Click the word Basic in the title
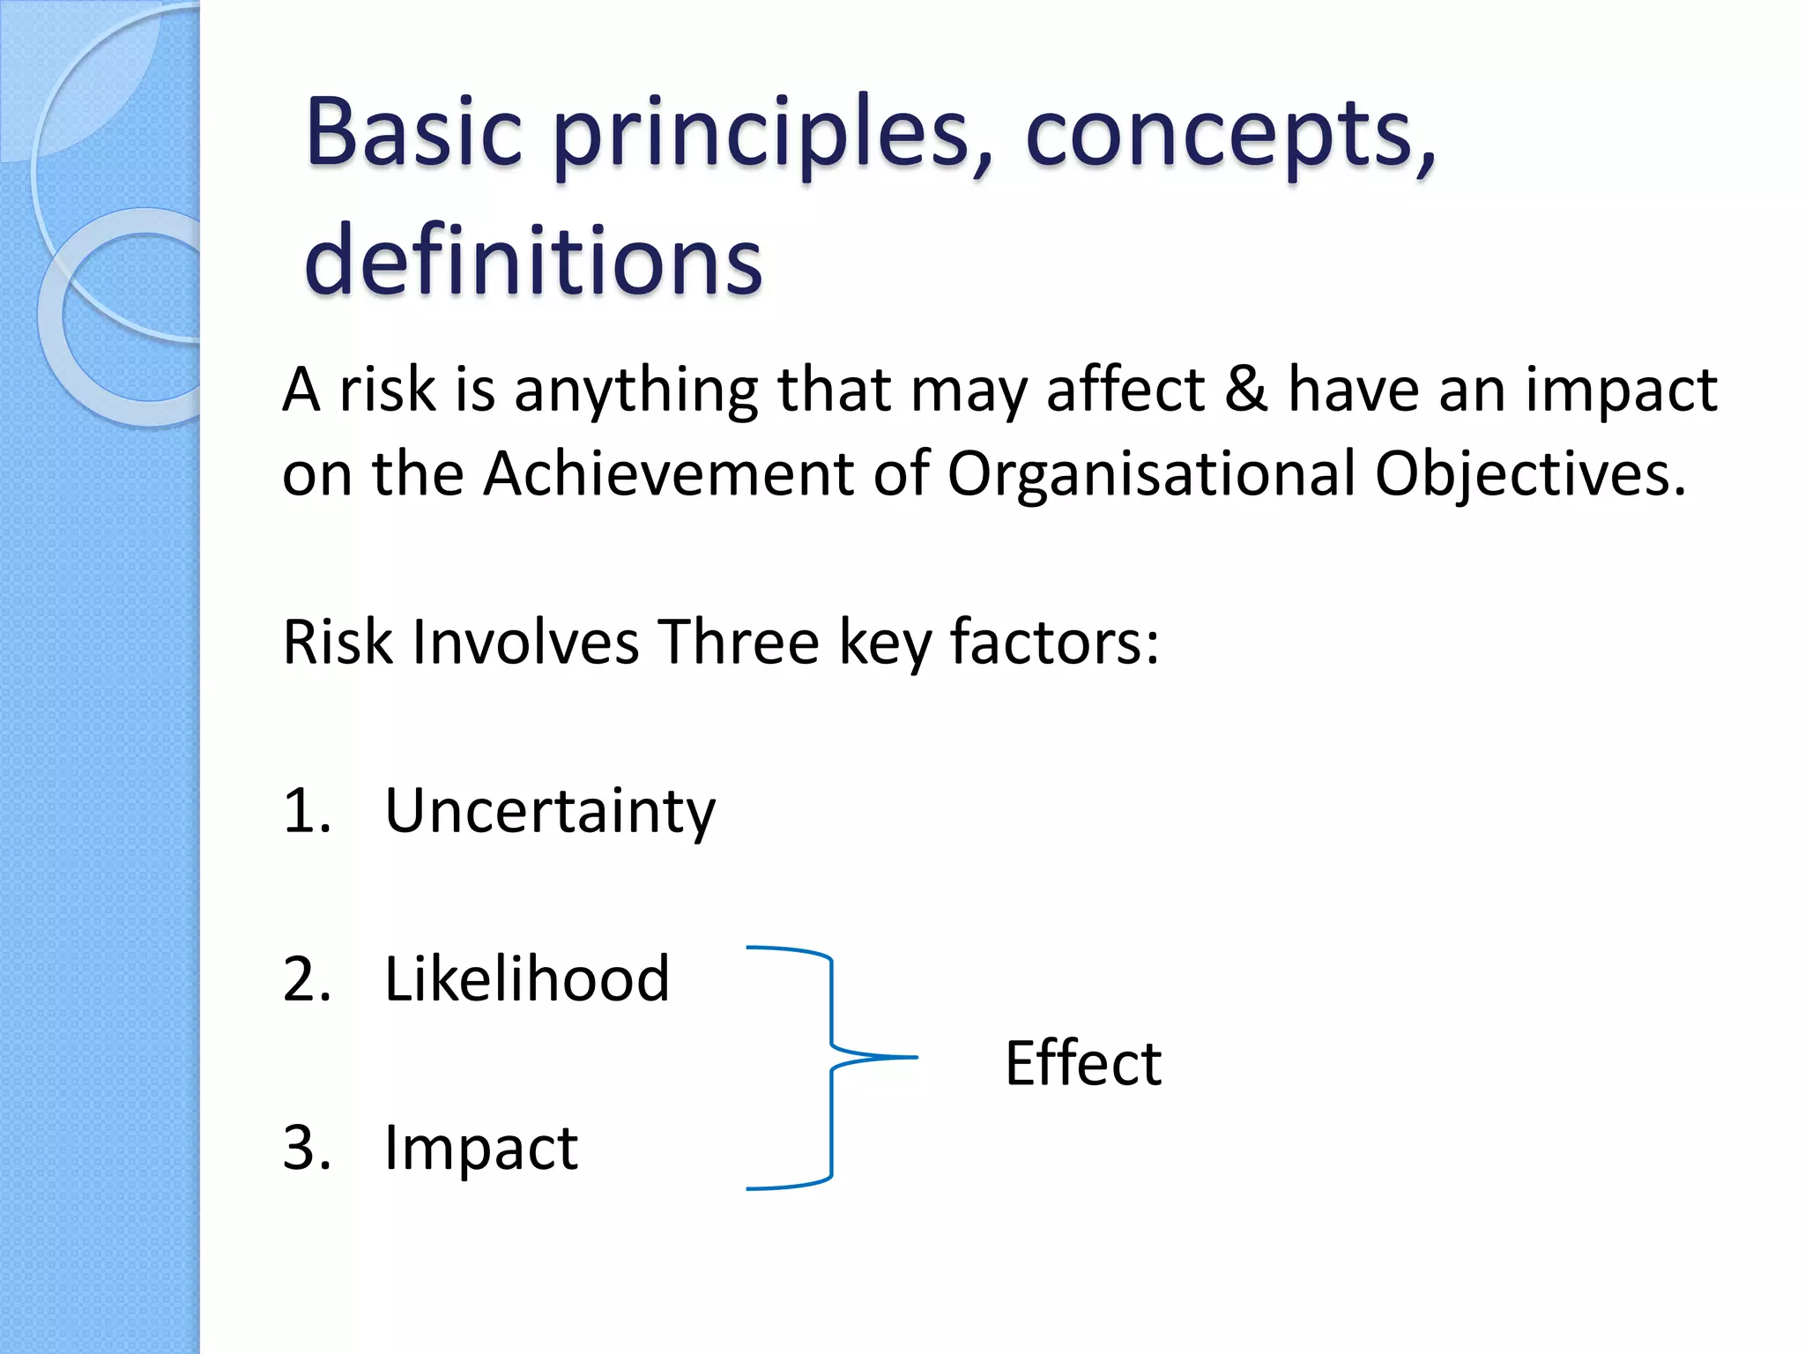click(x=414, y=132)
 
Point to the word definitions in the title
click(x=532, y=261)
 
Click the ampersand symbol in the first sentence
click(x=1246, y=389)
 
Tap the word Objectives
click(x=1529, y=473)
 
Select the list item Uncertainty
click(x=550, y=811)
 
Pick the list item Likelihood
click(x=527, y=978)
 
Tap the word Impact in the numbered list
click(x=481, y=1148)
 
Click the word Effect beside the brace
click(x=1082, y=1063)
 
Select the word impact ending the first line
click(x=1621, y=391)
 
